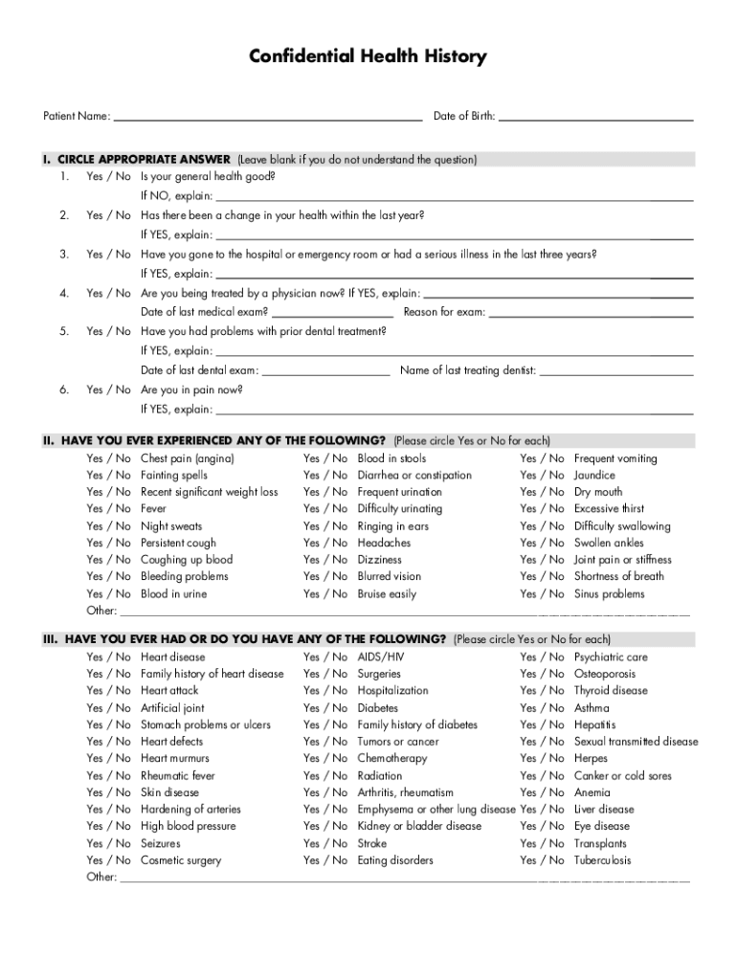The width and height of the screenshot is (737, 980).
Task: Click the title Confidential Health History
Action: point(368,57)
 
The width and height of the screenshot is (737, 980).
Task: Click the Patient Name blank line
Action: point(267,120)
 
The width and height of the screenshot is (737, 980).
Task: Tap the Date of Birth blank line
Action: point(596,120)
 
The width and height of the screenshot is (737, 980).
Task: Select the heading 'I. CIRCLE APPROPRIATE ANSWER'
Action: point(136,160)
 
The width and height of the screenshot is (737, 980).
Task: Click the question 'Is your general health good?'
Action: point(208,177)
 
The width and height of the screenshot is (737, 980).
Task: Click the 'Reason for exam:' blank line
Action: point(591,314)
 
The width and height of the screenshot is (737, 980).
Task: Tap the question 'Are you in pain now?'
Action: point(191,390)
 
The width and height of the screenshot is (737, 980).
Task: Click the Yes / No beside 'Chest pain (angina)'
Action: point(108,459)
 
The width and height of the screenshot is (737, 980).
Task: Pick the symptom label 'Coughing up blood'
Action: point(187,560)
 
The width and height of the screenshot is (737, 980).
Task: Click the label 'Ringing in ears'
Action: point(393,526)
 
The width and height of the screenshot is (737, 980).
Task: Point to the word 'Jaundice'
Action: point(594,476)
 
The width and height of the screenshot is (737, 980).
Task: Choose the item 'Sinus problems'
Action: point(610,594)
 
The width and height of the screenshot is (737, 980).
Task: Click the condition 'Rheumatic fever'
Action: point(178,776)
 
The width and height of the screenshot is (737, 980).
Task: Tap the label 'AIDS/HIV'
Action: point(381,657)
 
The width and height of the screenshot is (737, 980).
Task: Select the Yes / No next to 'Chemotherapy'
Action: point(325,759)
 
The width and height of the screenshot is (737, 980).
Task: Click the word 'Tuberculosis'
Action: point(603,860)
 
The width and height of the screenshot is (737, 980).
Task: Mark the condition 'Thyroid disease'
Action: point(611,691)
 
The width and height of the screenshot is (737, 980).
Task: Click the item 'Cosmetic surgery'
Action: point(181,860)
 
